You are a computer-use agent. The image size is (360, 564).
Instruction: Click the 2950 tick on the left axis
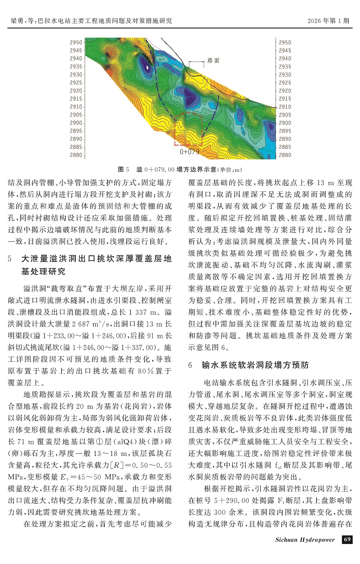coord(76,42)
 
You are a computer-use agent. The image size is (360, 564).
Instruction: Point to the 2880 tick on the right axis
coord(285,155)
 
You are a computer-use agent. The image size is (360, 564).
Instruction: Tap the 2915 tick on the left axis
coord(76,99)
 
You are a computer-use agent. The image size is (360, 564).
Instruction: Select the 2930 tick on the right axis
coord(285,75)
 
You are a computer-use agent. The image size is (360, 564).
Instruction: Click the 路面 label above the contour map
coord(213,61)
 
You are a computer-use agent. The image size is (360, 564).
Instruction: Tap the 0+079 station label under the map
coord(189,152)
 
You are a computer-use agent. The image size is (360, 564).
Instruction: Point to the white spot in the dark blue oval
coord(147,67)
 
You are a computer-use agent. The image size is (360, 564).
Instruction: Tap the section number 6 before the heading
coord(191,365)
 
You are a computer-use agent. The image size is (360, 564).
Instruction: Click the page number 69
coord(347,540)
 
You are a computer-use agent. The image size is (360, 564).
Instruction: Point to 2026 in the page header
coord(315,20)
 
